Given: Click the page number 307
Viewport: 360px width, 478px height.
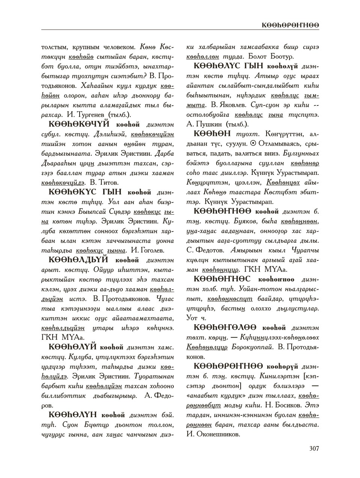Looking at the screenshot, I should [x=314, y=448].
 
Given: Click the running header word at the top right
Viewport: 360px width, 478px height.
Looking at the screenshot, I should [x=291, y=25].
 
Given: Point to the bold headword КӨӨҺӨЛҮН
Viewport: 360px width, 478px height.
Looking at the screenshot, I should [x=73, y=415].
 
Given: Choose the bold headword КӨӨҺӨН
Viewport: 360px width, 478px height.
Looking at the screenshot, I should [x=212, y=134].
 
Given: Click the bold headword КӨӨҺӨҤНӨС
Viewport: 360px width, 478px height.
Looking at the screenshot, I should [x=224, y=279].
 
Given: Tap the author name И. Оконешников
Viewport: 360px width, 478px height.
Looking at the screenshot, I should [x=213, y=434].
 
